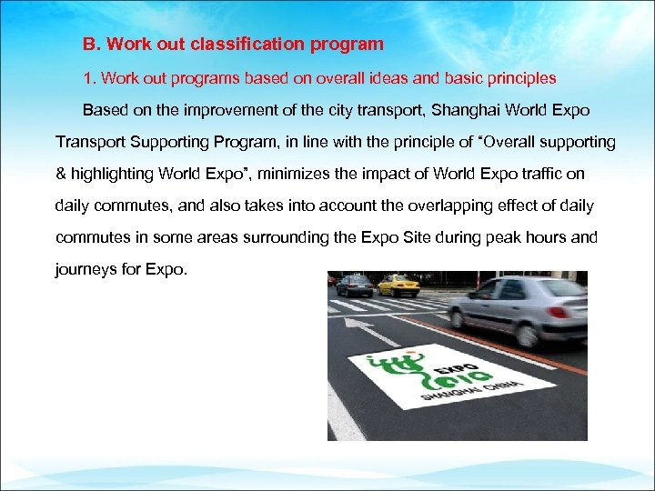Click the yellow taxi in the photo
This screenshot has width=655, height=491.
pos(397,285)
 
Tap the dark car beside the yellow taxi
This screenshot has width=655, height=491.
pos(354,285)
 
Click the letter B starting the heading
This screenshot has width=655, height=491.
pos(88,44)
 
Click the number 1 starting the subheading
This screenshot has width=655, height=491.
pos(87,77)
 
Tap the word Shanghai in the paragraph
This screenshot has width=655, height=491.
pos(465,110)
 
